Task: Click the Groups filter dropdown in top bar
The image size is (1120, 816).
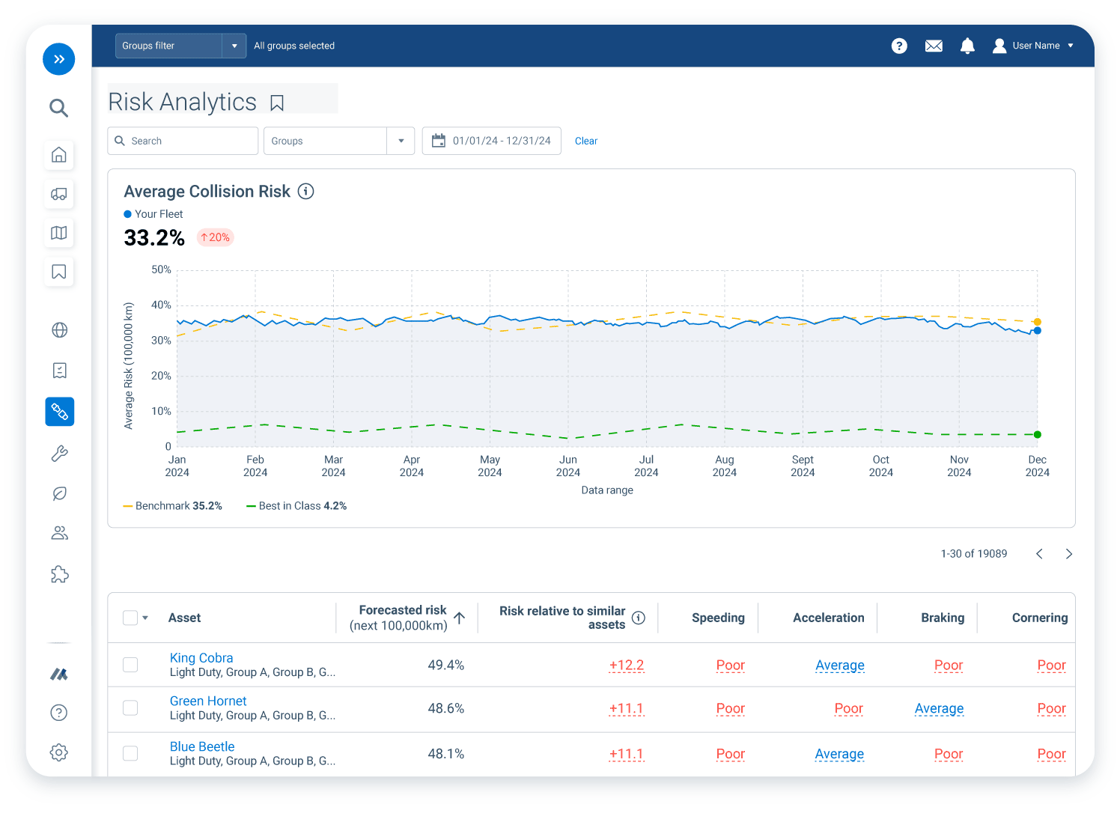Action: [x=180, y=46]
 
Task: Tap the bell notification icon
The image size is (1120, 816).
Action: [x=967, y=46]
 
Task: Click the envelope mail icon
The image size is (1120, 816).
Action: [x=934, y=46]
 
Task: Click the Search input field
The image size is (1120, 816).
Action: [x=183, y=141]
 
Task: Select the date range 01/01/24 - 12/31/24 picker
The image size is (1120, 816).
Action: [x=492, y=141]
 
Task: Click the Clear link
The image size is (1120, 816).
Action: [x=585, y=141]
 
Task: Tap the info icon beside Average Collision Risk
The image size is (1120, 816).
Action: [x=305, y=192]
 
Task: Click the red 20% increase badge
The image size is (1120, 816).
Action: [x=215, y=237]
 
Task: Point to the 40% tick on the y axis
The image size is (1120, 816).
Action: [x=161, y=305]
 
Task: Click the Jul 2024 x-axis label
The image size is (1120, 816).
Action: [x=646, y=466]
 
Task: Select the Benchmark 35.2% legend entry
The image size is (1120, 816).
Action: [x=173, y=506]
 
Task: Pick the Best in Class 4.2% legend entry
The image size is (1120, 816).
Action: [x=297, y=506]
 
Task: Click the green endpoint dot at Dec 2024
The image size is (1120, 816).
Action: [x=1037, y=434]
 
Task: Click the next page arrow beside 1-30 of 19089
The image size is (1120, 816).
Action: [x=1068, y=554]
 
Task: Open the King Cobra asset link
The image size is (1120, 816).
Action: [x=201, y=658]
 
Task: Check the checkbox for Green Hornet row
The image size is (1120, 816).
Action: [x=130, y=708]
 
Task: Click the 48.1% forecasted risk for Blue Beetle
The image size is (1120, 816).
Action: [x=445, y=754]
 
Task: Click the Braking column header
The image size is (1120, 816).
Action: [x=942, y=618]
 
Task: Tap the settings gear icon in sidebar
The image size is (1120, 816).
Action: [x=59, y=752]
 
